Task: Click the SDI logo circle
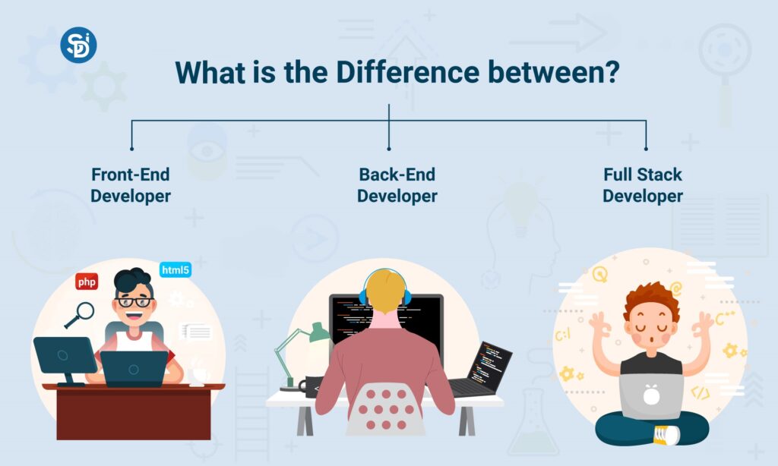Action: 78,45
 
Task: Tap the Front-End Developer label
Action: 131,184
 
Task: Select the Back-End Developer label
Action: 397,184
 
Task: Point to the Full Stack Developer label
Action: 643,184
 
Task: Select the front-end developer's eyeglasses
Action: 134,302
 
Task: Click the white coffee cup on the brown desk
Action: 199,374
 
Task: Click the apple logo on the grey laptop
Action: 651,394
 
